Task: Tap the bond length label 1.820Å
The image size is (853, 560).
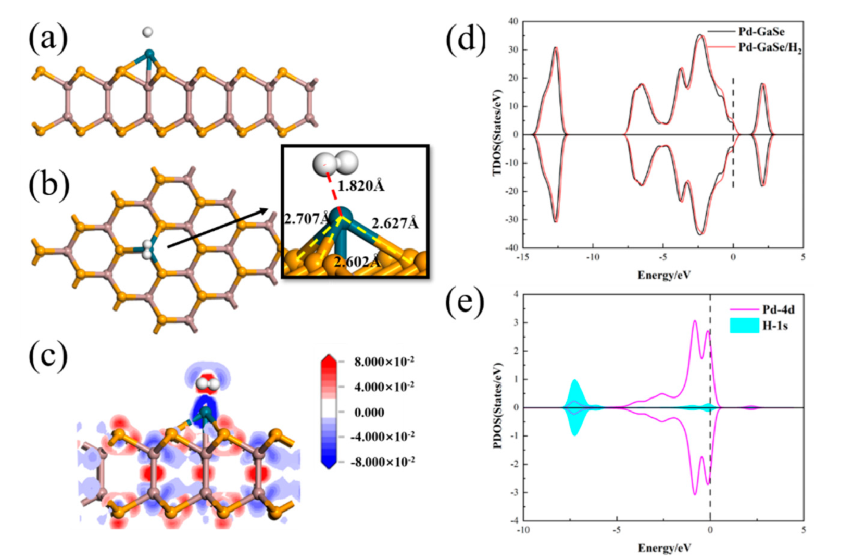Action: [361, 186]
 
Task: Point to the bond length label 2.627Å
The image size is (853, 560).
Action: [395, 223]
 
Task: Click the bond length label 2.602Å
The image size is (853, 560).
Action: [357, 262]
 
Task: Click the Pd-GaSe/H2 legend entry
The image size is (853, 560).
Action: [770, 48]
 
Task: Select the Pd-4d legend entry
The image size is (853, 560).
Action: [778, 309]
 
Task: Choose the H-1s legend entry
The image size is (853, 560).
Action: [775, 326]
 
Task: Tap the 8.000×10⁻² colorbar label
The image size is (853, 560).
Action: [384, 362]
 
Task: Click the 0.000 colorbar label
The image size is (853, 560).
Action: [369, 413]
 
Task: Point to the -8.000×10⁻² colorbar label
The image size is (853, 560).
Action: [382, 462]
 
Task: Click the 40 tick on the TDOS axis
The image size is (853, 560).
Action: [513, 21]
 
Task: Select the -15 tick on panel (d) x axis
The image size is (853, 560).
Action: [522, 257]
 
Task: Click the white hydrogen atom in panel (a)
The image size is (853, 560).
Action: [147, 32]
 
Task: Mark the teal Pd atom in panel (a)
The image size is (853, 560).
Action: [149, 54]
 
